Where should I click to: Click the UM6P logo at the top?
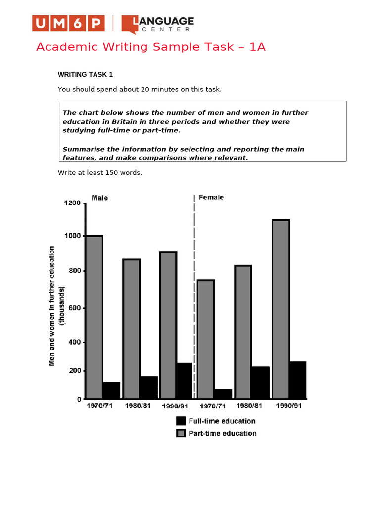tap(68, 23)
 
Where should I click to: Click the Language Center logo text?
tap(158, 24)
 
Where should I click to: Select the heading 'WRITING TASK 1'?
tap(86, 75)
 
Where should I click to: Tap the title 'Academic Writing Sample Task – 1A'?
tap(151, 47)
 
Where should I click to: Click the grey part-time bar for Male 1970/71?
tap(94, 317)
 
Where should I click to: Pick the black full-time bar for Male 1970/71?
tap(111, 390)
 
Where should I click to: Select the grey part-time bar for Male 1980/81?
tap(131, 329)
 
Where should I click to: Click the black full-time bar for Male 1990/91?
tap(184, 381)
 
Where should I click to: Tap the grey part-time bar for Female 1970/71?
tap(205, 339)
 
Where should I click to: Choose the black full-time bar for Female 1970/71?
tap(223, 394)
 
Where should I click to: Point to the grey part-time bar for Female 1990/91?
tap(281, 309)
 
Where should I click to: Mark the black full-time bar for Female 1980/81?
tap(260, 382)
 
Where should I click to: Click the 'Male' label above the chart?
tap(99, 198)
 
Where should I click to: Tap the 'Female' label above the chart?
tap(211, 197)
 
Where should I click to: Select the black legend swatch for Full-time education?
tap(181, 421)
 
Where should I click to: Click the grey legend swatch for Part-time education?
tap(181, 433)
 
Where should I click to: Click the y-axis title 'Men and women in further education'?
tap(52, 306)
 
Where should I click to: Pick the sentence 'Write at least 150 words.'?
tap(100, 172)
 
